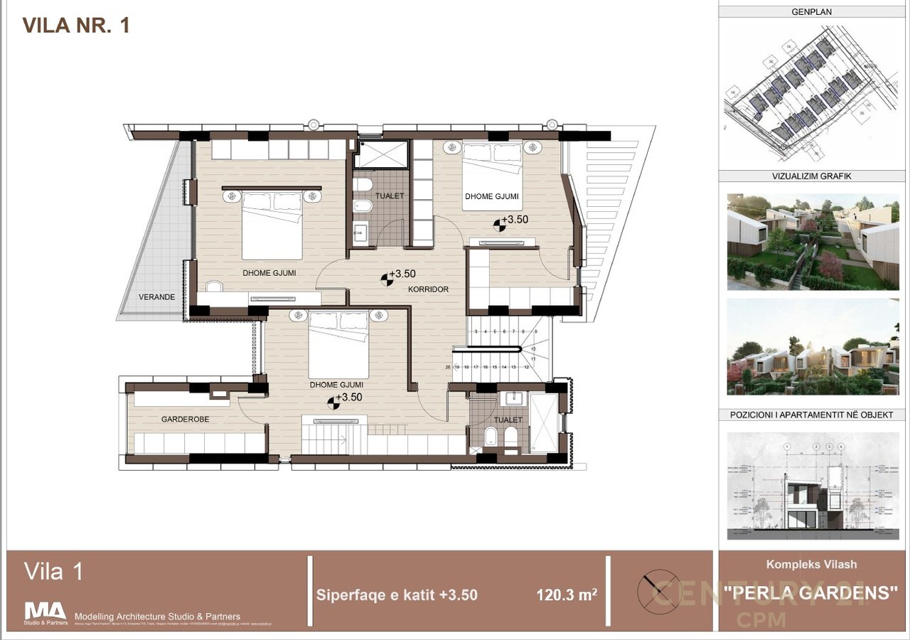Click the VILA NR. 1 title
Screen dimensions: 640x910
click(x=76, y=26)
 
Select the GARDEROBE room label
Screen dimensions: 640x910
click(x=185, y=419)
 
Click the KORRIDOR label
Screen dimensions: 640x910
click(x=428, y=289)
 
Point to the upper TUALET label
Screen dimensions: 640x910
click(x=390, y=196)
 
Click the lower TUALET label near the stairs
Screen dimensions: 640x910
click(x=508, y=420)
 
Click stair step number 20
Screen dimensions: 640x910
click(x=447, y=368)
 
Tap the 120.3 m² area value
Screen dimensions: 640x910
click(x=566, y=594)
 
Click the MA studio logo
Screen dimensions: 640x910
click(x=45, y=612)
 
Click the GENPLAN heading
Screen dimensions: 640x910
click(x=811, y=11)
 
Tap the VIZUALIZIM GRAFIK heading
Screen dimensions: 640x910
click(x=811, y=176)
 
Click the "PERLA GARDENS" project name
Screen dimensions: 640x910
click(x=811, y=591)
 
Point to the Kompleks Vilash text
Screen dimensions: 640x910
click(x=811, y=565)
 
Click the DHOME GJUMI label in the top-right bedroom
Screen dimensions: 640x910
click(x=492, y=196)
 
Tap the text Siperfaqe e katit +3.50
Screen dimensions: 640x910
click(x=397, y=594)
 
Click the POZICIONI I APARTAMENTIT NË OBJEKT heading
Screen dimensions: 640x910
click(x=811, y=415)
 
